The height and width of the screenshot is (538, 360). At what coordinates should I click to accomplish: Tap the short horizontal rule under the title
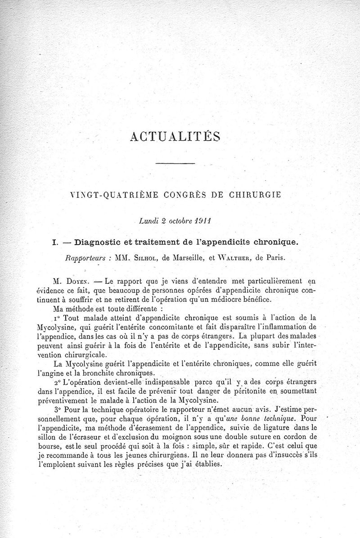[x=175, y=163]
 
